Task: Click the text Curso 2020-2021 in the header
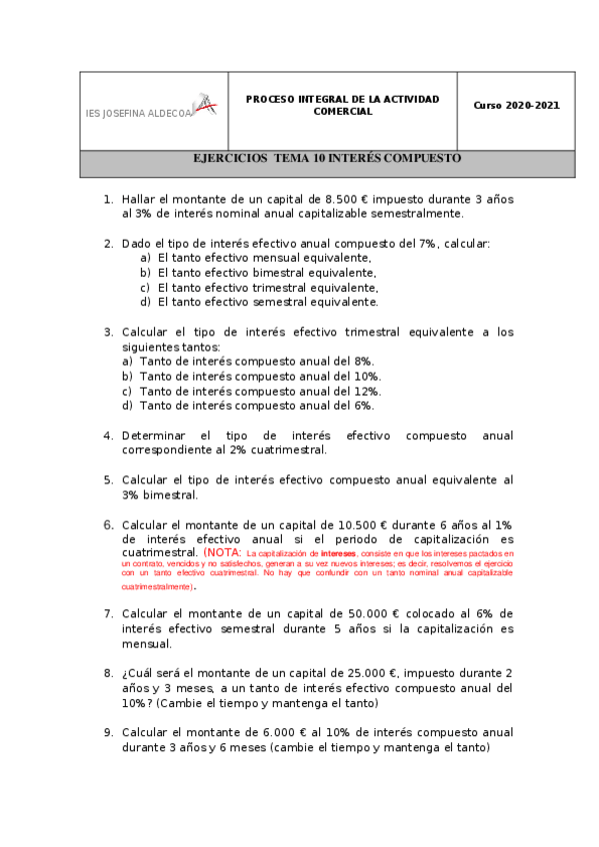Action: (516, 105)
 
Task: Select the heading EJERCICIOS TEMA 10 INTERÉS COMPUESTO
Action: (327, 159)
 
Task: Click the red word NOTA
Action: (224, 552)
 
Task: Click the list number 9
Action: (108, 732)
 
